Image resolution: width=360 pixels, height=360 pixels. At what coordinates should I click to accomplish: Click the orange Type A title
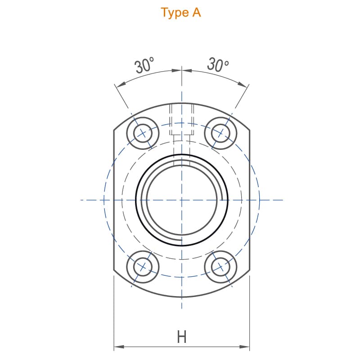click(x=181, y=13)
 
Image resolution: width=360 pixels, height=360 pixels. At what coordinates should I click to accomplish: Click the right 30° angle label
click(x=218, y=64)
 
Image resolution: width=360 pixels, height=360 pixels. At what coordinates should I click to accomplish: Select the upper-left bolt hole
click(x=143, y=133)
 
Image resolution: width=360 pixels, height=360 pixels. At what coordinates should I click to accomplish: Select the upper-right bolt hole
click(x=220, y=133)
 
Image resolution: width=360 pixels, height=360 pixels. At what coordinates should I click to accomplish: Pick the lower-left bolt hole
click(x=143, y=267)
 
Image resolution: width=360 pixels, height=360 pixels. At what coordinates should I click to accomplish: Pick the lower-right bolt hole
click(x=220, y=267)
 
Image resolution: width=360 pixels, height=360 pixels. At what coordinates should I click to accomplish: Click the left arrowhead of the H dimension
click(x=119, y=346)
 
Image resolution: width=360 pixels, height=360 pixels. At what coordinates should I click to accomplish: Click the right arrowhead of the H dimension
click(x=244, y=346)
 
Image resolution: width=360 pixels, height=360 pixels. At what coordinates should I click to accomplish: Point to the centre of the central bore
click(x=182, y=200)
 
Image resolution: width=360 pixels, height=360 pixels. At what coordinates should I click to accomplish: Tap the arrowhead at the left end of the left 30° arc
click(x=120, y=84)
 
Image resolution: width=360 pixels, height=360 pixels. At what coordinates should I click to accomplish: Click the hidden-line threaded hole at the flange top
click(x=182, y=135)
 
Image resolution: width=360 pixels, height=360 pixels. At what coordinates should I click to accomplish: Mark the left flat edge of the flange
click(x=114, y=200)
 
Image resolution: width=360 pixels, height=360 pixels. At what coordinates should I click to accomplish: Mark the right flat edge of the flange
click(x=250, y=200)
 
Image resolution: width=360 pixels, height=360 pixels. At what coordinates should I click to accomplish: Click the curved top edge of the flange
click(x=182, y=103)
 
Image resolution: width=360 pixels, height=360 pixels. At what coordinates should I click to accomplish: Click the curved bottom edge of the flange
click(x=182, y=297)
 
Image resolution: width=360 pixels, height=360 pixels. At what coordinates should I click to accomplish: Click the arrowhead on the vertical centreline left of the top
click(x=177, y=71)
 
